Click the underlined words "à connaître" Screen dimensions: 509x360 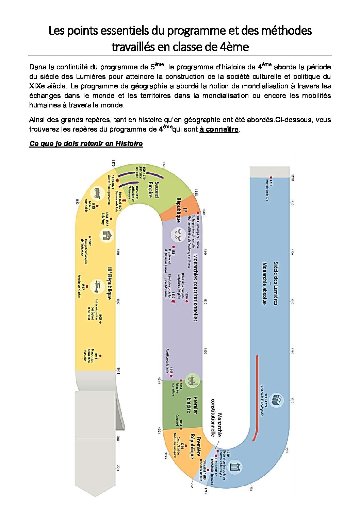[219, 130]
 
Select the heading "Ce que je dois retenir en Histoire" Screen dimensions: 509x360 [86, 143]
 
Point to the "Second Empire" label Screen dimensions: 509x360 [153, 189]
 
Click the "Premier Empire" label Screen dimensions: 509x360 [192, 405]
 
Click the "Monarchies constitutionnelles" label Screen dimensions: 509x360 [195, 287]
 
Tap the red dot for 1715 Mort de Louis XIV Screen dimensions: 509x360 [271, 177]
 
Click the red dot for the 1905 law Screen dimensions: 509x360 [100, 322]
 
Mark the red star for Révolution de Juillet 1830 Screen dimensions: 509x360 [173, 301]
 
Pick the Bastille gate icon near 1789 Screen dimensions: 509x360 [234, 467]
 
